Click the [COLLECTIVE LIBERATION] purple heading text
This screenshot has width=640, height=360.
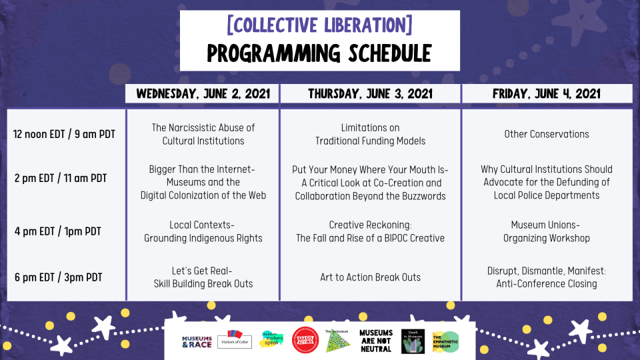tap(319, 25)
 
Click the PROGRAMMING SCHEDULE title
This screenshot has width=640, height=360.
tap(319, 53)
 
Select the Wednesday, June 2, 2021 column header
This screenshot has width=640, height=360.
tap(203, 93)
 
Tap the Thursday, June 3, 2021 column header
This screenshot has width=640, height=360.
tap(370, 93)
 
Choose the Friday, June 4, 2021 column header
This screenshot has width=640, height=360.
tap(547, 93)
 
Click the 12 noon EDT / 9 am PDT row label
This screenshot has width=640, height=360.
tap(65, 134)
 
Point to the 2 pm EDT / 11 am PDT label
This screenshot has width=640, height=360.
tap(61, 178)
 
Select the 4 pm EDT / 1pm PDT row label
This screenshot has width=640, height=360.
tap(58, 231)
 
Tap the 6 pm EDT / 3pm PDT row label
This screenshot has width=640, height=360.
tap(58, 277)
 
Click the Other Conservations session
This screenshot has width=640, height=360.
tap(547, 134)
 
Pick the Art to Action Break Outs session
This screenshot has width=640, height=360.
tap(370, 277)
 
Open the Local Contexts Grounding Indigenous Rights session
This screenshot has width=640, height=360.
tap(203, 231)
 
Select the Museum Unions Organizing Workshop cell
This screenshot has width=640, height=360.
tap(547, 231)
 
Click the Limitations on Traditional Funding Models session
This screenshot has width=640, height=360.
tap(370, 134)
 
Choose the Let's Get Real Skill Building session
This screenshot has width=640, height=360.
tap(203, 277)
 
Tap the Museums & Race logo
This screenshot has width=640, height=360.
tap(197, 341)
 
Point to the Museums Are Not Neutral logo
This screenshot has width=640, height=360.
tap(375, 341)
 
